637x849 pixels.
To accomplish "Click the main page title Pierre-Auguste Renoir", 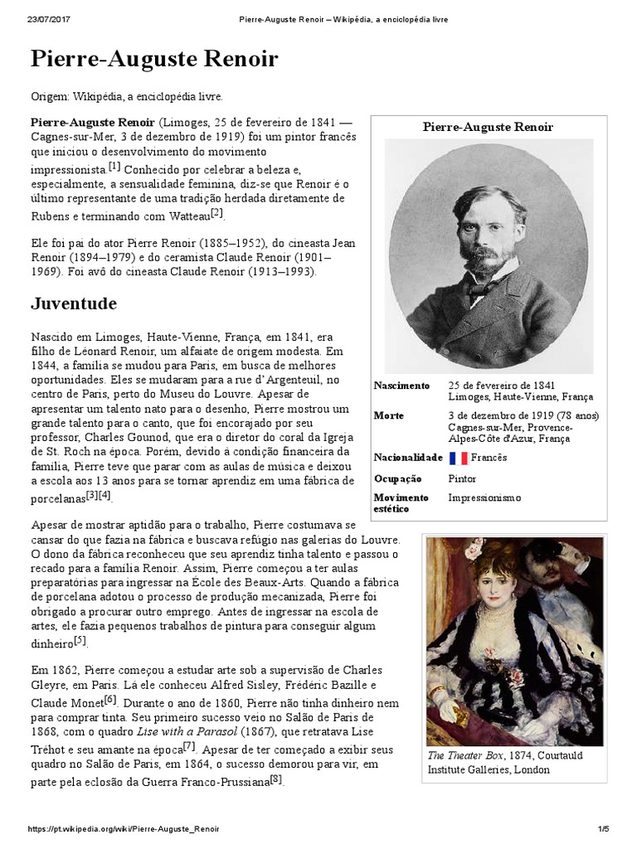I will pyautogui.click(x=154, y=60).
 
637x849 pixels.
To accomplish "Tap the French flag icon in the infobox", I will pyautogui.click(x=458, y=458).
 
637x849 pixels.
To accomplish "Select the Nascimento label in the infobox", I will pyautogui.click(x=402, y=386).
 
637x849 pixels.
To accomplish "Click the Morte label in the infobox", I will pyautogui.click(x=389, y=415).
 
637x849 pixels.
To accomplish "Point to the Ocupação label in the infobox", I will pyautogui.click(x=398, y=478).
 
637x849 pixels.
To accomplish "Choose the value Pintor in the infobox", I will pyautogui.click(x=462, y=478).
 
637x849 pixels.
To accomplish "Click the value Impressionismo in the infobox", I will pyautogui.click(x=485, y=497).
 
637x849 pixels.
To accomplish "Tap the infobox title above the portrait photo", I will pyautogui.click(x=488, y=127).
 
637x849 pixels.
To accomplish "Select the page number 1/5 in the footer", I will pyautogui.click(x=603, y=829).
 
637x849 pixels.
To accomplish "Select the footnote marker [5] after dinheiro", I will pyautogui.click(x=80, y=640).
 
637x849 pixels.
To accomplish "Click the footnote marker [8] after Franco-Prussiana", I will pyautogui.click(x=276, y=779).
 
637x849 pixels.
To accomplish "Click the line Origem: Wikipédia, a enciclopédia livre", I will pyautogui.click(x=127, y=97).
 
